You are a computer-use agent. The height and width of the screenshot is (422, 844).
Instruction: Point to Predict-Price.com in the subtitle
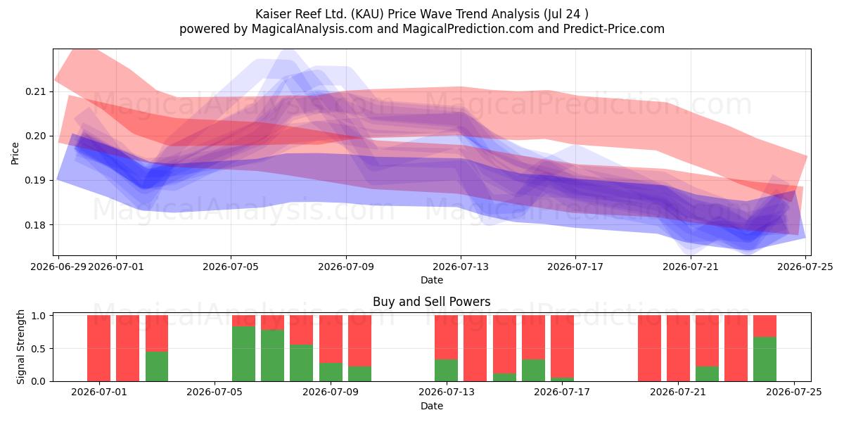[x=614, y=29]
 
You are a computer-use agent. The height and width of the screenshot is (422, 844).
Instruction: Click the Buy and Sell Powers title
[x=431, y=302]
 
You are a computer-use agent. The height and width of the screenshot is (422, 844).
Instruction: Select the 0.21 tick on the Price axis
[x=34, y=91]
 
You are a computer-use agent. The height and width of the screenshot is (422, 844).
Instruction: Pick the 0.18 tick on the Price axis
[x=34, y=225]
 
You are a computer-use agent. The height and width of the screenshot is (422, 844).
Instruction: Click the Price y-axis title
[x=15, y=153]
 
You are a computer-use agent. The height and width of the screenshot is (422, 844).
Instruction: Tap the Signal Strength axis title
[x=20, y=347]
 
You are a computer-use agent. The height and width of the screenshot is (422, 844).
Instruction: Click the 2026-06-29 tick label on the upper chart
[x=58, y=267]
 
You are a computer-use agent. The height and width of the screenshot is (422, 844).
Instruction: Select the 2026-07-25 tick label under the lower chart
[x=794, y=392]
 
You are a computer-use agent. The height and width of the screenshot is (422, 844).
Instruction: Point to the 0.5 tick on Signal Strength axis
[x=38, y=349]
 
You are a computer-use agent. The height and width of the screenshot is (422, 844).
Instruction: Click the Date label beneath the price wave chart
[x=432, y=280]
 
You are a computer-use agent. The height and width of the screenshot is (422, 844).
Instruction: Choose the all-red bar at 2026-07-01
[x=98, y=348]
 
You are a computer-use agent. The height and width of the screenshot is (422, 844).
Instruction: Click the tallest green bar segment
[x=243, y=354]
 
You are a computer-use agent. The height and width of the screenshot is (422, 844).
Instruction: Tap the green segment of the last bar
[x=765, y=359]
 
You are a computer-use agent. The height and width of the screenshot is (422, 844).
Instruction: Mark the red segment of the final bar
[x=765, y=326]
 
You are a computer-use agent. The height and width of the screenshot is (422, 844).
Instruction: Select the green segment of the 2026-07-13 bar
[x=446, y=371]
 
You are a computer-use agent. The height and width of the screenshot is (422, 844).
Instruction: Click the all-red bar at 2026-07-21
[x=678, y=348]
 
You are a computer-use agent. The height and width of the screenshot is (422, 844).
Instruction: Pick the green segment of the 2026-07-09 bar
[x=331, y=372]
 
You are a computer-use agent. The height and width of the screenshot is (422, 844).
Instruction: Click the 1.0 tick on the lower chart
[x=38, y=315]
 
